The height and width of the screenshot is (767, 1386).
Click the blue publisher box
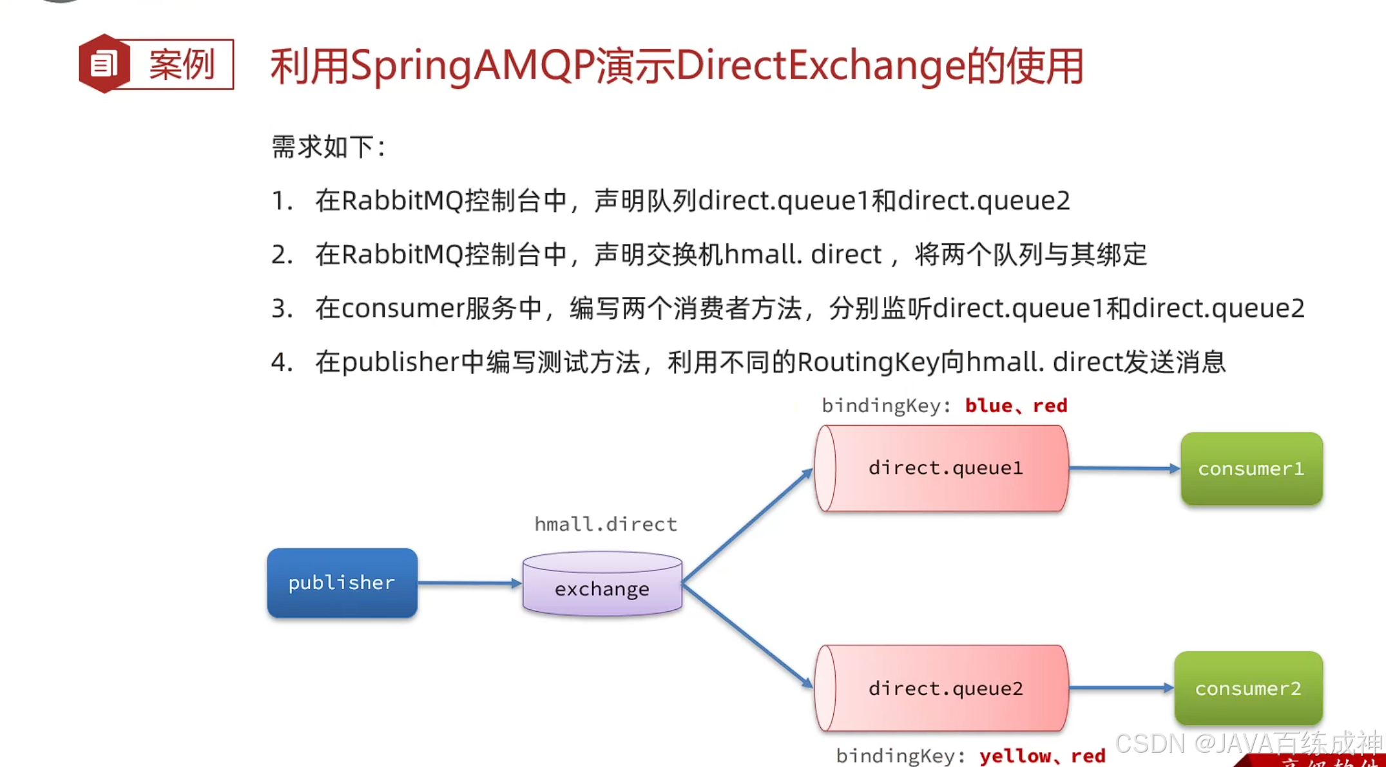coord(342,583)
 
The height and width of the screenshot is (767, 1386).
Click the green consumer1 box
coord(1251,469)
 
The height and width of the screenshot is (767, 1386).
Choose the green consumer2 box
coord(1248,688)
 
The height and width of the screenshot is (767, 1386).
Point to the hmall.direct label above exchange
coord(606,524)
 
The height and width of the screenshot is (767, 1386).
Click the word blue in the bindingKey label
coord(988,406)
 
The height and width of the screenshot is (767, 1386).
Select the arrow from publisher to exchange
coord(469,583)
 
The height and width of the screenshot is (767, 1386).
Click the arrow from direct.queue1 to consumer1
coord(1124,468)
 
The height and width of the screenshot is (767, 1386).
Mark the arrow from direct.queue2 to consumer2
coord(1121,688)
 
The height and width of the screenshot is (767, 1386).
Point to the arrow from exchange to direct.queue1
coord(747,526)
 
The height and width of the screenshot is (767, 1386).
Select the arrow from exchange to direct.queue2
coord(747,635)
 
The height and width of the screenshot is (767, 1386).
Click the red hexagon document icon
coord(103,64)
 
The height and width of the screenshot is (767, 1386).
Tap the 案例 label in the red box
coord(182,64)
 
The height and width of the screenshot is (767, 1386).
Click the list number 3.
coord(280,308)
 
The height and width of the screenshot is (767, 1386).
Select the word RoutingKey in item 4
coord(868,363)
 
